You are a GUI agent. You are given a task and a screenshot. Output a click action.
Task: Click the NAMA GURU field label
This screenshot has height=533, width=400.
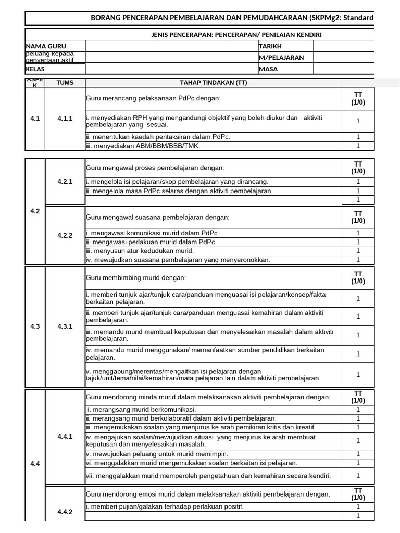coord(46,46)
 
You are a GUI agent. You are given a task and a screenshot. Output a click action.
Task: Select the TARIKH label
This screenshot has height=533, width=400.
coord(270,46)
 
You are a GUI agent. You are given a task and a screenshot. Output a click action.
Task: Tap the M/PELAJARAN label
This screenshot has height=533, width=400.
coord(281,58)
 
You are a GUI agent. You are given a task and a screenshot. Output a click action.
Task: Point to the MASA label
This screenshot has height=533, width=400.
coord(268,69)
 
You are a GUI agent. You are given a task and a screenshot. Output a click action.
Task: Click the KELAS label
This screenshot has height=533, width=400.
coord(35,69)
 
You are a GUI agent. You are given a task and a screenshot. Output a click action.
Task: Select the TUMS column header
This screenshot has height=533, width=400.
coord(65,83)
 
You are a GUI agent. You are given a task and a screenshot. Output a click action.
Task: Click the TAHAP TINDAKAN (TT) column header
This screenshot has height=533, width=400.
coord(214,83)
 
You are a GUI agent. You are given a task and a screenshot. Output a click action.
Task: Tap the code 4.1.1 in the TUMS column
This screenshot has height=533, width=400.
coord(65,119)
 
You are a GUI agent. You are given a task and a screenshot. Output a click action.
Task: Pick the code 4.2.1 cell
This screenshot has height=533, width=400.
coord(65,181)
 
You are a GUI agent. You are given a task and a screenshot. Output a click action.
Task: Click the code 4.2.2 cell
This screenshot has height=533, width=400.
coord(65,235)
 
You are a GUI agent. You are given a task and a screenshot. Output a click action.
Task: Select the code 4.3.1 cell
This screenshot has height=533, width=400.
coord(65,326)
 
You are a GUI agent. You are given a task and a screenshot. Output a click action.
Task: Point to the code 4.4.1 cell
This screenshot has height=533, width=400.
coord(65,436)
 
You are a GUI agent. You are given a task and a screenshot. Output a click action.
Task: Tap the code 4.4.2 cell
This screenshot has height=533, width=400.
coord(65,511)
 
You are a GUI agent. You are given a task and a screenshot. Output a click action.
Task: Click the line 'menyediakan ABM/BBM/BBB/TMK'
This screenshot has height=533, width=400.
coord(143,146)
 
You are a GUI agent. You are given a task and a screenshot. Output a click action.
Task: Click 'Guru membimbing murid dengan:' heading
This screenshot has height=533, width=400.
coord(135,277)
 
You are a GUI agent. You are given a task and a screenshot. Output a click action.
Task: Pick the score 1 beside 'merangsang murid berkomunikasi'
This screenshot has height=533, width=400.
coord(358,410)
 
